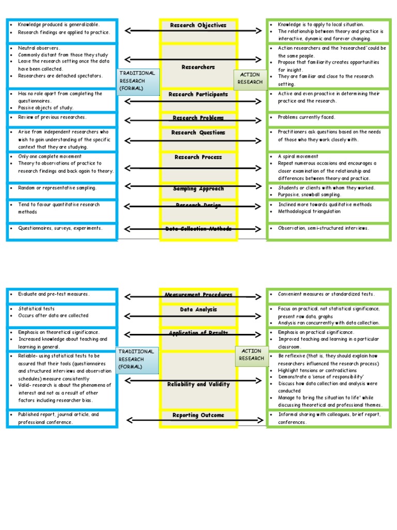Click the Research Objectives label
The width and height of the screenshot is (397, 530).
pos(198,25)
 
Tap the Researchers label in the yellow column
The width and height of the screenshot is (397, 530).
pos(198,67)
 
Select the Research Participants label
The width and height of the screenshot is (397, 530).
pos(198,95)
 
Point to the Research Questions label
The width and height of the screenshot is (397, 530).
pos(198,132)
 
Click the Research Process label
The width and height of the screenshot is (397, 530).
pos(198,157)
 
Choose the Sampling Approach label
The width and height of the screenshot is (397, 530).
pos(198,189)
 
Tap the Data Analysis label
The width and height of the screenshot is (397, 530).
pos(198,310)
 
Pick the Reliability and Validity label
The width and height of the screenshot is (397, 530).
pos(198,385)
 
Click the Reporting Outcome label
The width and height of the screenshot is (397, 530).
pos(198,415)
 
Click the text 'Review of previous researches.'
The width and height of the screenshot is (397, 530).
pos(52,117)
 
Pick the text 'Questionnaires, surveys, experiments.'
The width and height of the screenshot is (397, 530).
pos(60,228)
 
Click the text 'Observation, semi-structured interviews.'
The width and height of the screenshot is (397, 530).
pos(324,228)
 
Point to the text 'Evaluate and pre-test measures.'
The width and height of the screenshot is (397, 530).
pos(54,294)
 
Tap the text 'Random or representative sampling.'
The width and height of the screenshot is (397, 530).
pos(57,188)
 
